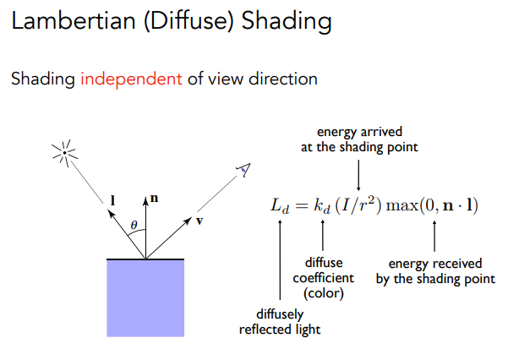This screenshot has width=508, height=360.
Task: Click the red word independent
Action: (x=131, y=79)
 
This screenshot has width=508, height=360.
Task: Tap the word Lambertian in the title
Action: (x=74, y=20)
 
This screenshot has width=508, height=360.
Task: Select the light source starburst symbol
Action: (x=65, y=153)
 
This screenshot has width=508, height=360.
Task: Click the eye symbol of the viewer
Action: (x=243, y=170)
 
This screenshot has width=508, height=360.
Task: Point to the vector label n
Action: (x=154, y=198)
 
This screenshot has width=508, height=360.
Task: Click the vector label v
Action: (x=199, y=221)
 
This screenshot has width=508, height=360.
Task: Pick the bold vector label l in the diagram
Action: (x=112, y=200)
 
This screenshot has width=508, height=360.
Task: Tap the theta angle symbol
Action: (x=134, y=225)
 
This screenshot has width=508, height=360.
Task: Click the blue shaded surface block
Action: (x=145, y=298)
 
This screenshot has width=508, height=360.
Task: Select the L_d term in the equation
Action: (x=280, y=206)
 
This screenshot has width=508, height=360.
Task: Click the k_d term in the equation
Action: (x=322, y=206)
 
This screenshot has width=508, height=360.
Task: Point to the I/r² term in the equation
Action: (x=358, y=205)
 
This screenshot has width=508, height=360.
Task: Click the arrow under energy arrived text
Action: (x=358, y=175)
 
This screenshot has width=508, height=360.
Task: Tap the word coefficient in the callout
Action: (x=324, y=278)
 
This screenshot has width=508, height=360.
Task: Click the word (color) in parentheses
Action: (x=324, y=293)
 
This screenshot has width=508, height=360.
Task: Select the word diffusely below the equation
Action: (x=280, y=314)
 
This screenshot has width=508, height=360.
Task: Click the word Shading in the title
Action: (x=287, y=21)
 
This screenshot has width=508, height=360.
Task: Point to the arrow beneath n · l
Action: (x=434, y=237)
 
